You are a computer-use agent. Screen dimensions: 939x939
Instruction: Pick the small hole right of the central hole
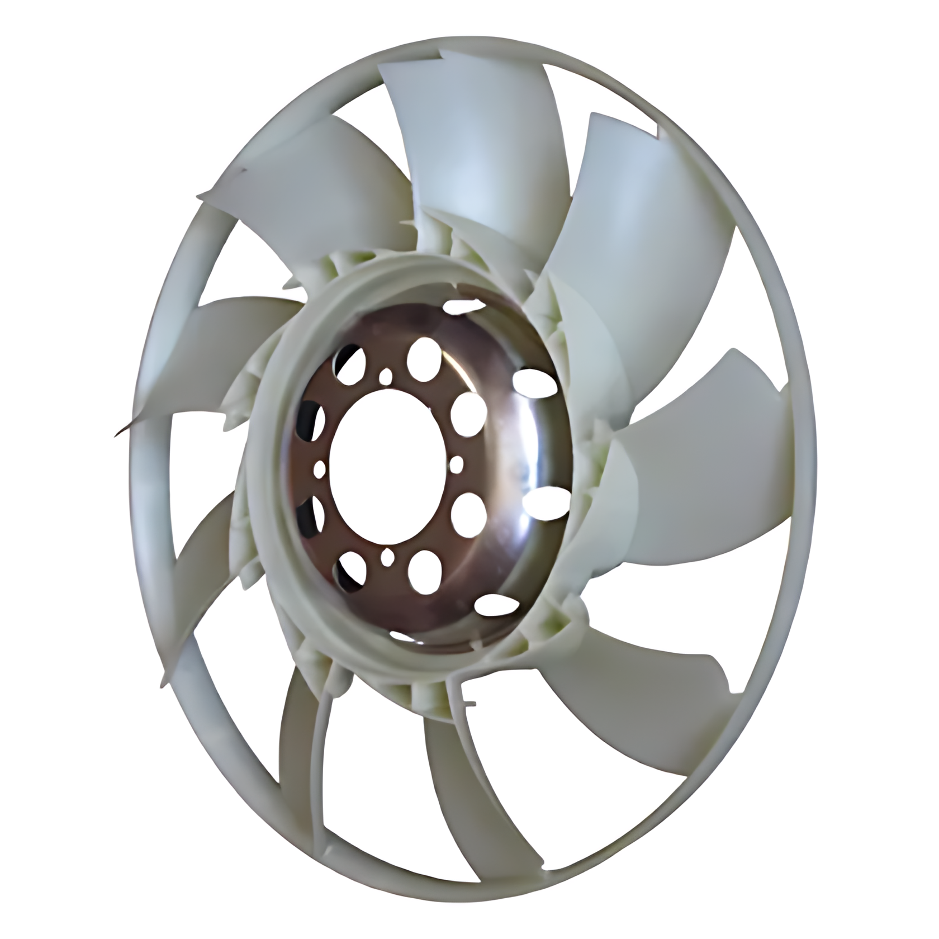(456, 463)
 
